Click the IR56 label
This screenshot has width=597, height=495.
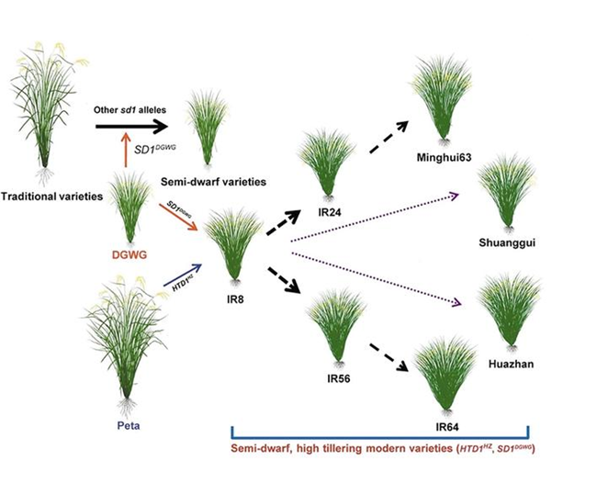pyautogui.click(x=335, y=377)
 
